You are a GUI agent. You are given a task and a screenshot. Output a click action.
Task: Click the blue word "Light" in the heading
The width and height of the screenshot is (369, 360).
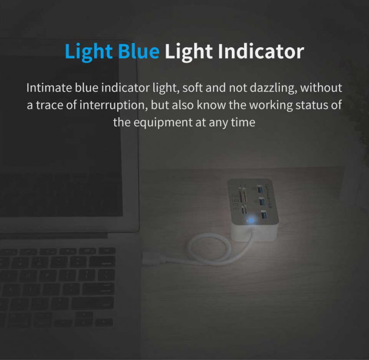[x=89, y=52]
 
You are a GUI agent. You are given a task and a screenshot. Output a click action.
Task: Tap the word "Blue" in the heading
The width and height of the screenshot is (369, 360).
[x=138, y=51]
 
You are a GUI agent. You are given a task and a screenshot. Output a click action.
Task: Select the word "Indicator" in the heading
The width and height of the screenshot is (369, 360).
[x=261, y=51]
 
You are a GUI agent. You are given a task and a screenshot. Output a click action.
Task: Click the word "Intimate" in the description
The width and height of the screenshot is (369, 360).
[x=49, y=88]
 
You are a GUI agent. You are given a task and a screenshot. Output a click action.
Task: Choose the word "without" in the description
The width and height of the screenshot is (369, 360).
[x=321, y=88]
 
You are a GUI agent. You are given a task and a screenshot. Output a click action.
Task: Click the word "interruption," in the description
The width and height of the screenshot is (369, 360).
[x=113, y=105]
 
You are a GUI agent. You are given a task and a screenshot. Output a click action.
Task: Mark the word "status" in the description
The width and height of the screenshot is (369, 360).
[x=312, y=105]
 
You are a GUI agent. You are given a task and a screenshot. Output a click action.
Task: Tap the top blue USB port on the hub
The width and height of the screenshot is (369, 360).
[x=260, y=189]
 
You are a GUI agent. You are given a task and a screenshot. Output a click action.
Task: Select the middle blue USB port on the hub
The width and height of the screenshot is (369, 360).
[x=262, y=202]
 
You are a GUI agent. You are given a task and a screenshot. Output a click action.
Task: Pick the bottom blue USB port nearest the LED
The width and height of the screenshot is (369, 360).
[x=264, y=214]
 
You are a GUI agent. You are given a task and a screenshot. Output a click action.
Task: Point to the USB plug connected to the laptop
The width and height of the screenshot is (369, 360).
[x=150, y=259]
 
